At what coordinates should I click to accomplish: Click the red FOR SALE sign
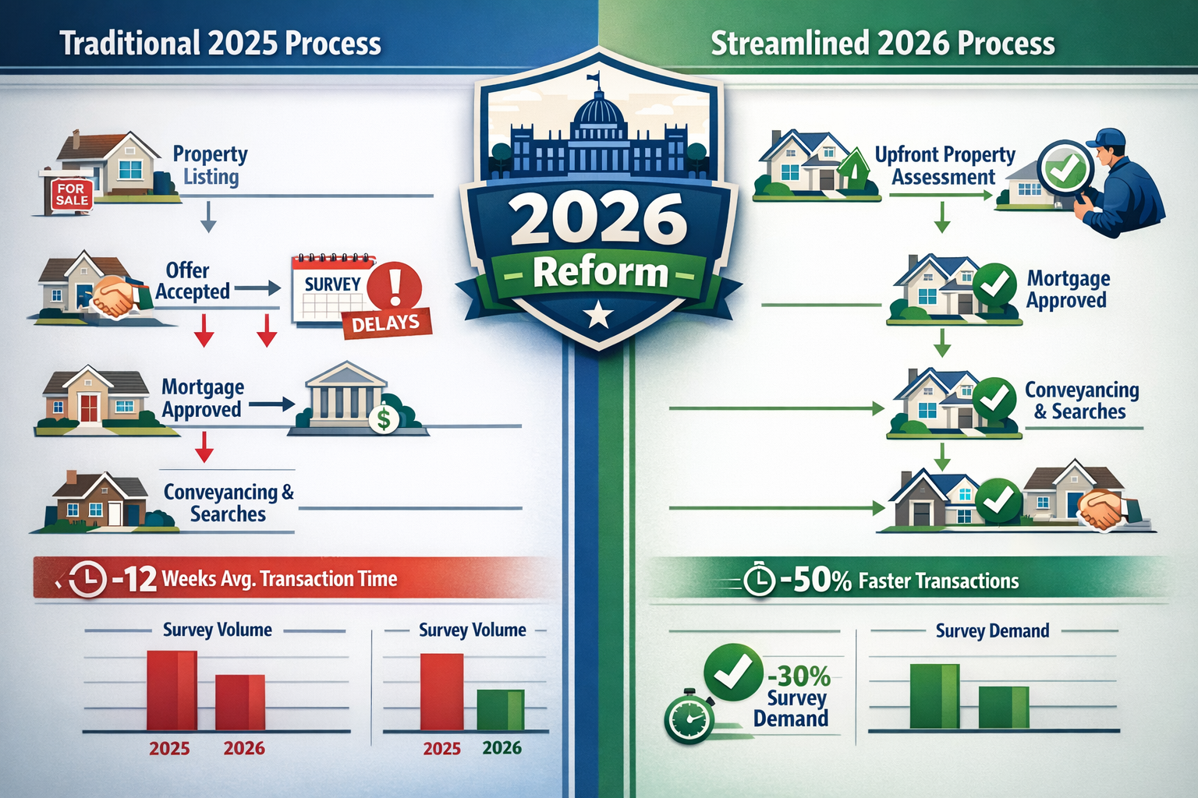(x=71, y=195)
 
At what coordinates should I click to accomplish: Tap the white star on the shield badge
(x=598, y=314)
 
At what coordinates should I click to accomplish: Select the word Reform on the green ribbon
(x=600, y=274)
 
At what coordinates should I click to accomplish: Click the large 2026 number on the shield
(x=599, y=220)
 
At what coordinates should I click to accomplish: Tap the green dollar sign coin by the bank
(x=383, y=419)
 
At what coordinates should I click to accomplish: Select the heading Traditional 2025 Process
(x=221, y=44)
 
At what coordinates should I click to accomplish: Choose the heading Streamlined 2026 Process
(x=882, y=44)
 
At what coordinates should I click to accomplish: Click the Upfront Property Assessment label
(x=945, y=166)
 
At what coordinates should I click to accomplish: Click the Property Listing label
(x=210, y=165)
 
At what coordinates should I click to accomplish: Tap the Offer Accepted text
(x=192, y=281)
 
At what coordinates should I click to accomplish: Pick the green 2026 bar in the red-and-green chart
(x=500, y=710)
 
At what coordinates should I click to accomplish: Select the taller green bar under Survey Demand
(x=934, y=696)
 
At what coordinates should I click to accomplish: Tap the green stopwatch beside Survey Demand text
(x=689, y=719)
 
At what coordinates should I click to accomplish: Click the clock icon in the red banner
(x=87, y=579)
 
